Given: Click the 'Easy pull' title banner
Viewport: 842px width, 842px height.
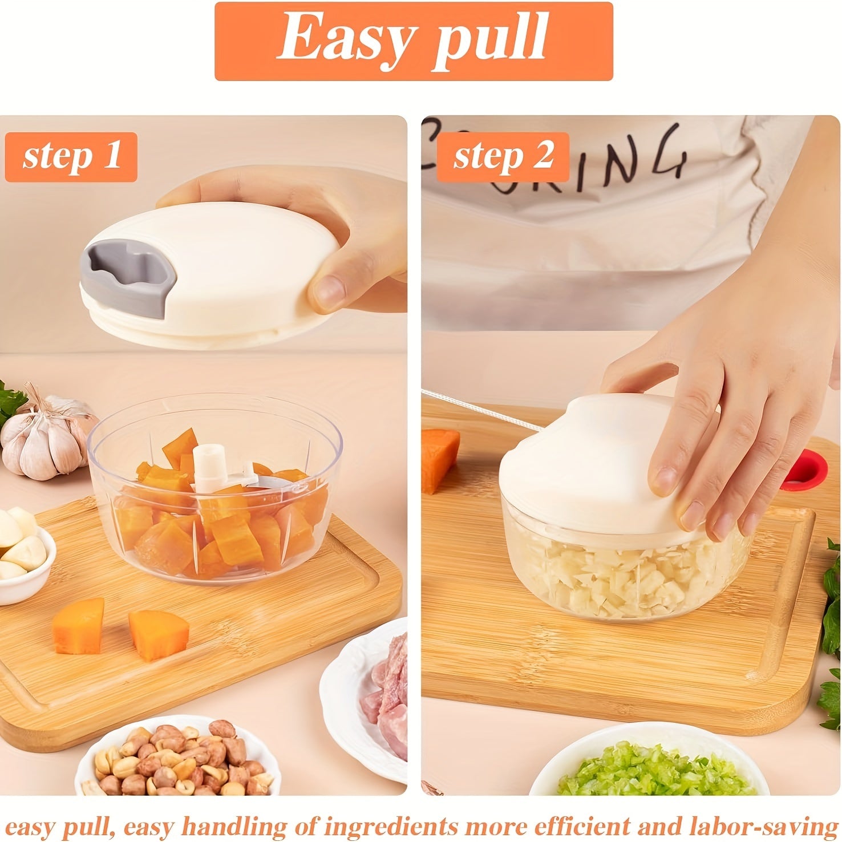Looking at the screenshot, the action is [414, 41].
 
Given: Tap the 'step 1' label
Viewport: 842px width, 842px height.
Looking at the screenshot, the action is [71, 157].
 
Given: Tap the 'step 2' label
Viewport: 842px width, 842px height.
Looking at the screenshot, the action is [503, 157].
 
